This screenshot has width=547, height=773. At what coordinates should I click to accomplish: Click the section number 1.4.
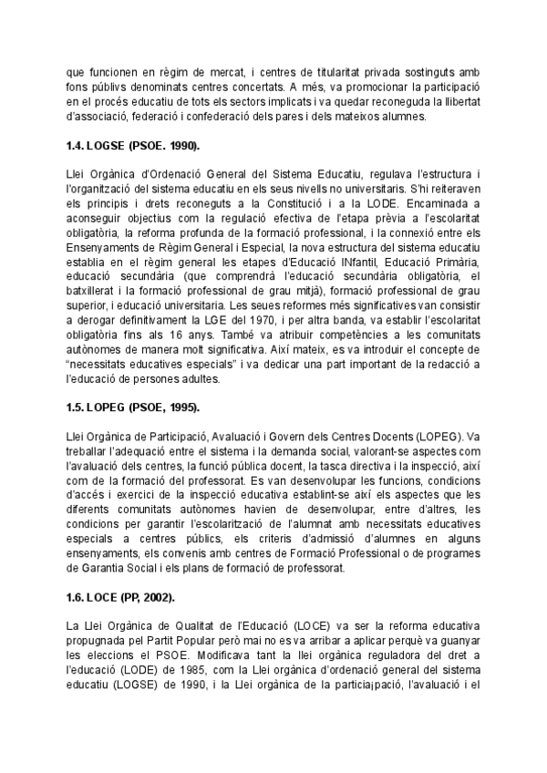tap(78, 145)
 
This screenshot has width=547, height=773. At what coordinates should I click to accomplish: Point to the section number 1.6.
tap(78, 600)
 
